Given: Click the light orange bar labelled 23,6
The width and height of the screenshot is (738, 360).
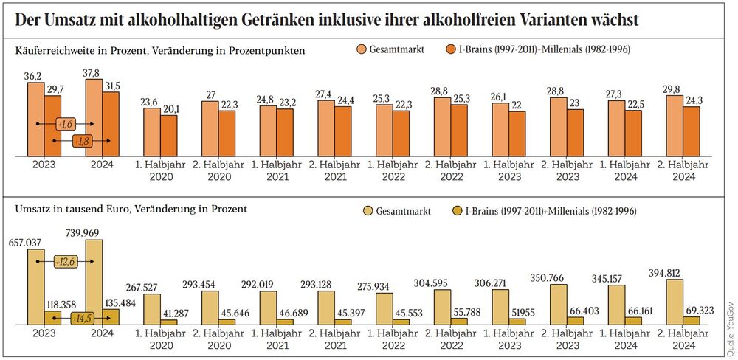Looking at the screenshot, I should pyautogui.click(x=151, y=132).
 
